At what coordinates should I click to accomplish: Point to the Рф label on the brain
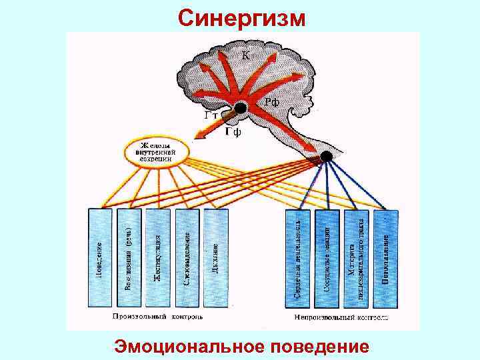[x=271, y=101]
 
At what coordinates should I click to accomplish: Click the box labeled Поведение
[x=99, y=257]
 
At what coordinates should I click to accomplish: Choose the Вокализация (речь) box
[x=129, y=257]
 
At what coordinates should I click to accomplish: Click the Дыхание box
[x=216, y=257]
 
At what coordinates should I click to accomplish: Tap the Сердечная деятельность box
[x=298, y=257]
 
